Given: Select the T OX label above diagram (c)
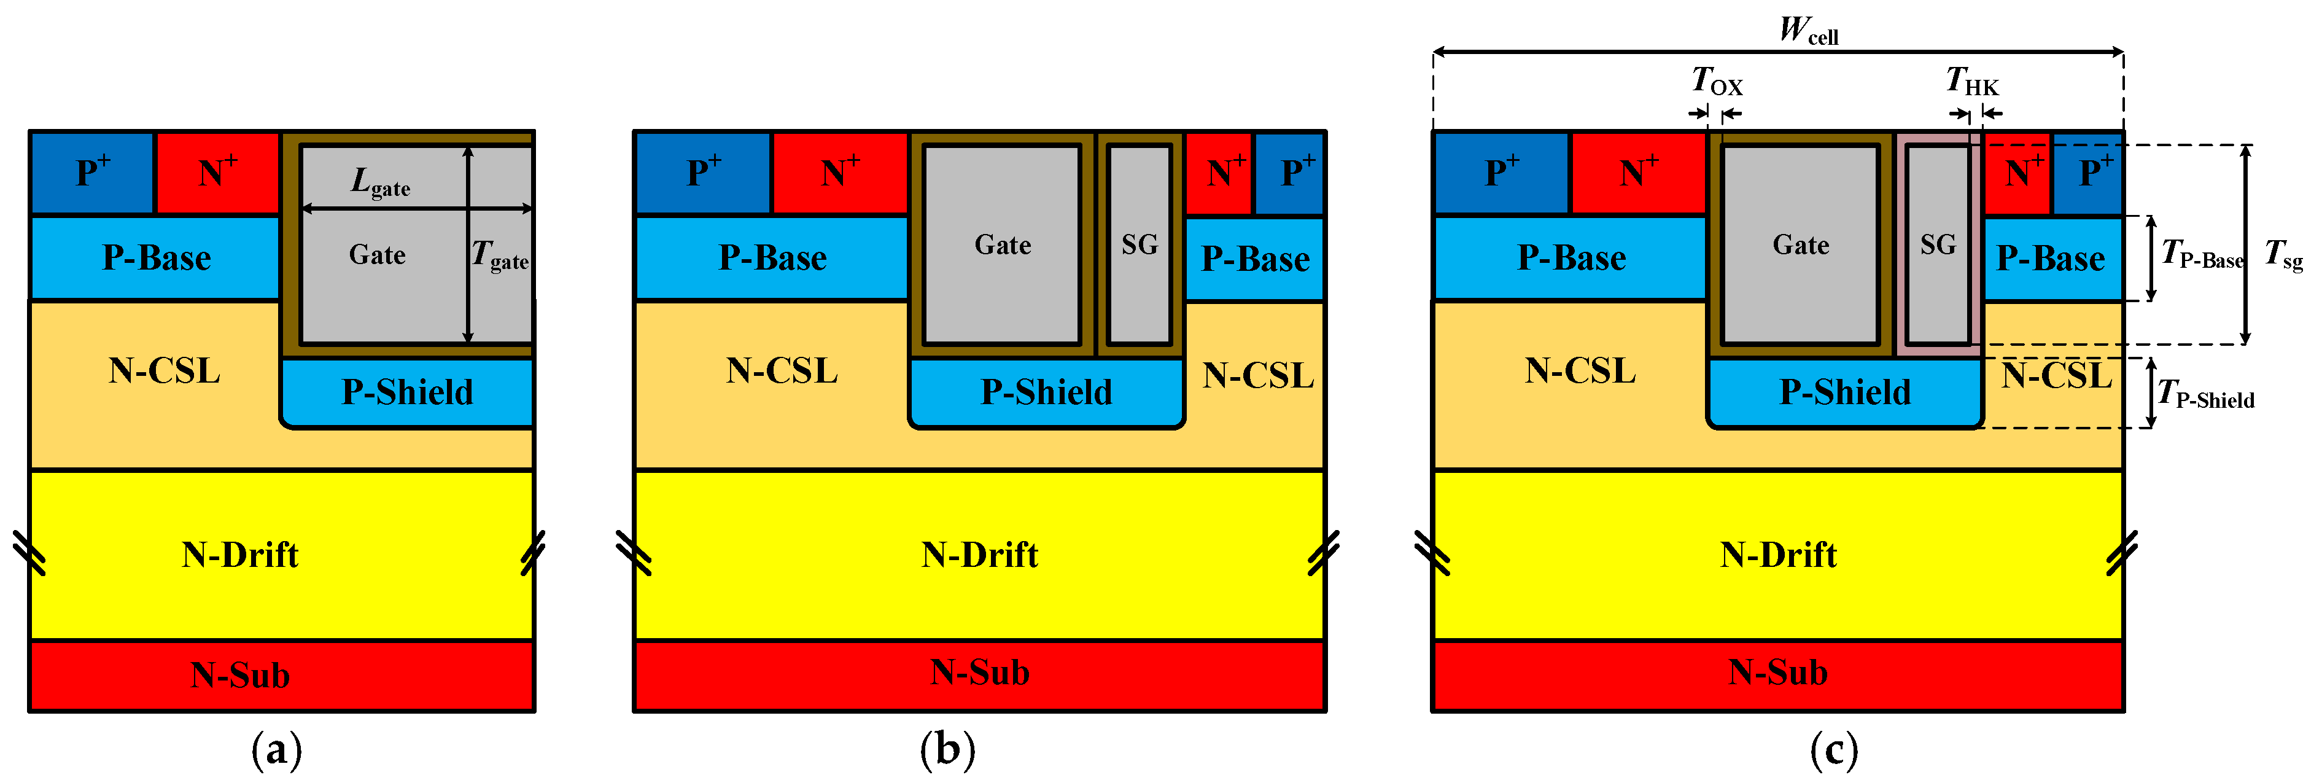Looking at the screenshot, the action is (x=1717, y=81).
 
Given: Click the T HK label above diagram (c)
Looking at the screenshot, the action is (x=1972, y=81).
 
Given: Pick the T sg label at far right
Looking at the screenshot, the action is (x=2284, y=254).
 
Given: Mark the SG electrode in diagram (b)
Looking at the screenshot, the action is (x=1140, y=244).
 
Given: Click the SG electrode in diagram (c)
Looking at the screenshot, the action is (x=1938, y=244).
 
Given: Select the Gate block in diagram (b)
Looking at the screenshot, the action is (x=1003, y=244).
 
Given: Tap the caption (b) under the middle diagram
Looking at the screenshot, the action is (x=947, y=749).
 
